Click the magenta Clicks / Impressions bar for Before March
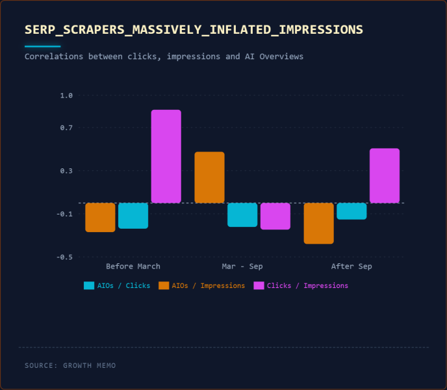pyautogui.click(x=166, y=156)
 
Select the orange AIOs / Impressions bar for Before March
pyautogui.click(x=100, y=217)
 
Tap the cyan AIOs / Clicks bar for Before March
pyautogui.click(x=133, y=215)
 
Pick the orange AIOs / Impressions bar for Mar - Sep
pyautogui.click(x=209, y=177)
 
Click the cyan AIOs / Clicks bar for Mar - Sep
pyautogui.click(x=242, y=214)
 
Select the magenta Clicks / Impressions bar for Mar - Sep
pyautogui.click(x=275, y=216)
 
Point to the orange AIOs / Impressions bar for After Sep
pyautogui.click(x=318, y=223)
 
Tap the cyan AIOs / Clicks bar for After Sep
pyautogui.click(x=351, y=211)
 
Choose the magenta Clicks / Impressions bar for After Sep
pyautogui.click(x=385, y=175)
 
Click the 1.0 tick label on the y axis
pyautogui.click(x=66, y=96)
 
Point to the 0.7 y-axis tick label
pyautogui.click(x=66, y=128)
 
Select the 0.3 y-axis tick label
pyautogui.click(x=66, y=171)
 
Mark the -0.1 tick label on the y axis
pyautogui.click(x=64, y=214)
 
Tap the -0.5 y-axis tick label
pyautogui.click(x=64, y=257)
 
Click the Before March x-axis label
pyautogui.click(x=133, y=266)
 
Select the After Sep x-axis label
pyautogui.click(x=351, y=266)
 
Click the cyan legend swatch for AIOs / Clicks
pyautogui.click(x=89, y=285)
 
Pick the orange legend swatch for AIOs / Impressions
pyautogui.click(x=164, y=285)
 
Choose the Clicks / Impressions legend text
pyautogui.click(x=307, y=285)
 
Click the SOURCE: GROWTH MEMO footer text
pyautogui.click(x=70, y=365)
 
